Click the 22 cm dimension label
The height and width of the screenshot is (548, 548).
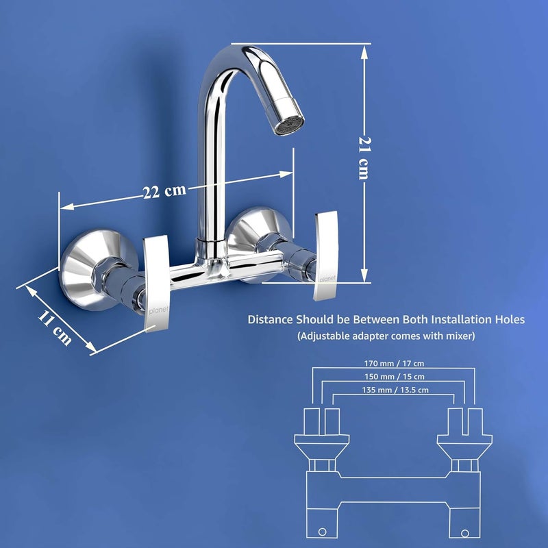[164, 190]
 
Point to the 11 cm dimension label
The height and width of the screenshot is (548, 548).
[54, 326]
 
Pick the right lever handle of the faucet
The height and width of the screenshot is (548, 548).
[326, 256]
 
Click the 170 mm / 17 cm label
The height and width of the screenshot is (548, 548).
[394, 363]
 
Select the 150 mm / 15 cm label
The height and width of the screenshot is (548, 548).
[394, 377]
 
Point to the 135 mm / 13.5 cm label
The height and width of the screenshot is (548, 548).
[394, 390]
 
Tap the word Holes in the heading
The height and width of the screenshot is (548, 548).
[508, 319]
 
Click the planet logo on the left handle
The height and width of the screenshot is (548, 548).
[157, 301]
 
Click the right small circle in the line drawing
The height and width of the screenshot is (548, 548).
[466, 532]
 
